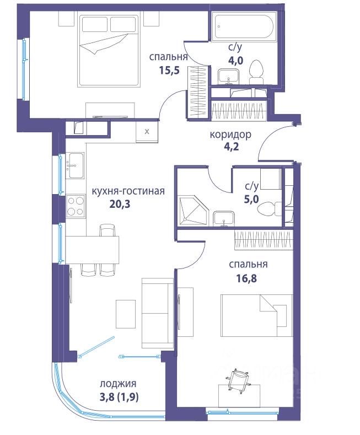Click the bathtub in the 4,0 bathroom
pos(244,26)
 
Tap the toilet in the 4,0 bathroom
pos(256,72)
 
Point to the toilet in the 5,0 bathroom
pos(269,208)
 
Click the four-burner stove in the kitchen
pos(76,206)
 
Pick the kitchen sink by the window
pos(75,165)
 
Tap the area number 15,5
pos(169,70)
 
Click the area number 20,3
pos(120,204)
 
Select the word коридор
pos(230,135)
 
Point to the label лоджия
pos(118,384)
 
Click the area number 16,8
pos(246,278)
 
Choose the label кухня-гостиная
pos(128,191)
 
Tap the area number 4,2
pos(232,146)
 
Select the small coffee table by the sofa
pos(126,314)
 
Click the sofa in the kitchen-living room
pos(158,313)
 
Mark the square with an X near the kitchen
pos(147,132)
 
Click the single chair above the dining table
pos(108,230)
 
